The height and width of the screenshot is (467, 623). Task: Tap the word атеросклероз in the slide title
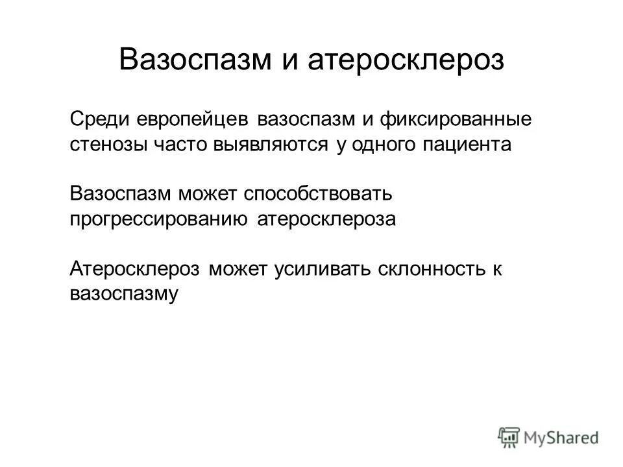pos(406,60)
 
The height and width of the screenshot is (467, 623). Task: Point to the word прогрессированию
pos(158,219)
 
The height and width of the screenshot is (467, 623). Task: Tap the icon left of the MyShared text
pos(509,437)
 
